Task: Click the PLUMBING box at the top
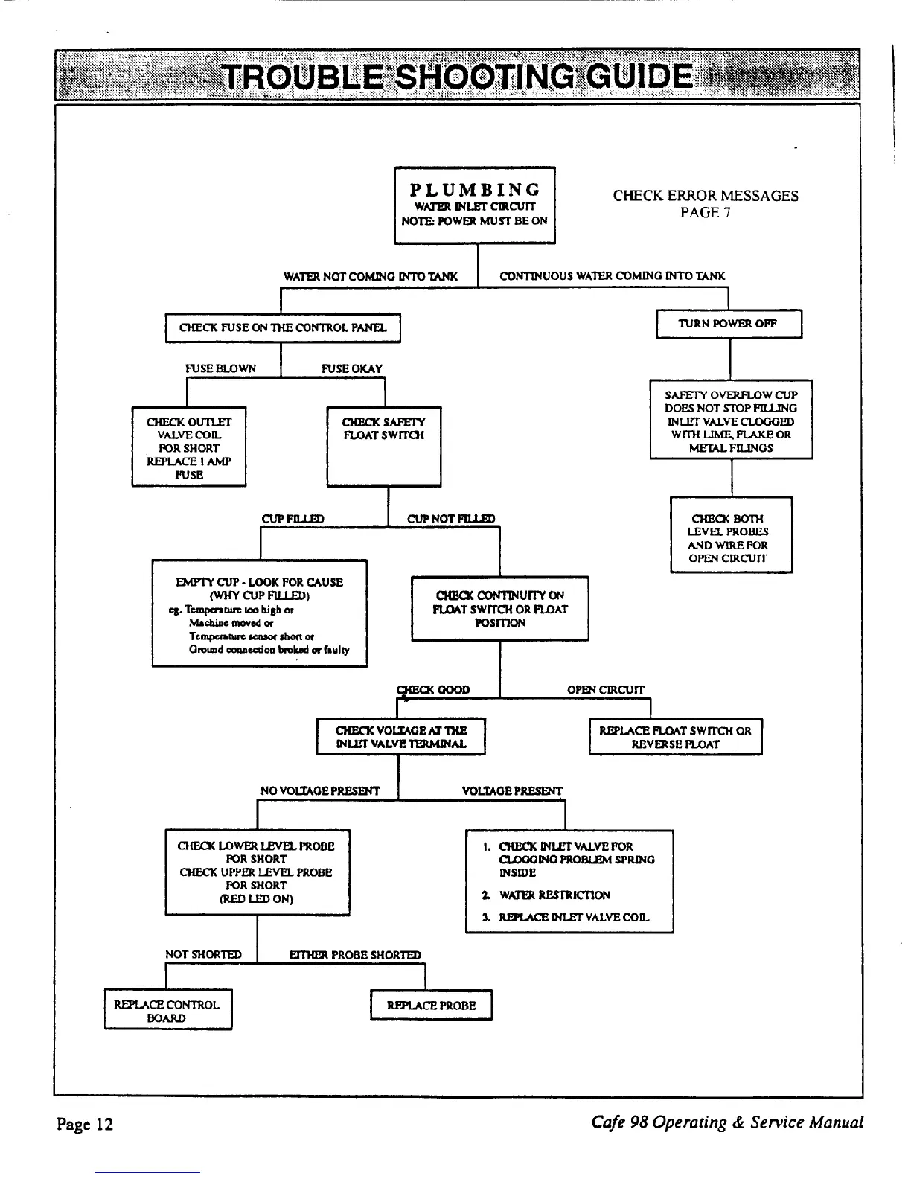[x=474, y=205]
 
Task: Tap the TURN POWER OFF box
[x=729, y=324]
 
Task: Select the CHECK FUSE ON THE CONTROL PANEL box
[x=283, y=327]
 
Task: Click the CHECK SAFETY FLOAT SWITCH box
[x=384, y=445]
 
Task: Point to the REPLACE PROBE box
[x=431, y=1006]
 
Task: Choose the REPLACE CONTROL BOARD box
[x=167, y=1010]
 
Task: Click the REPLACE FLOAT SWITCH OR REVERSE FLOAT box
[x=675, y=737]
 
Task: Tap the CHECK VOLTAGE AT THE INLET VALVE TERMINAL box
[x=401, y=737]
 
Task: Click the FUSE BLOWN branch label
[x=220, y=368]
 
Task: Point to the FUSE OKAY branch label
[x=352, y=368]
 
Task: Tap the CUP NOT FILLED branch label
[x=451, y=519]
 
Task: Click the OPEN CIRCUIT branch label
[x=606, y=690]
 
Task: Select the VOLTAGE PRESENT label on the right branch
[x=512, y=790]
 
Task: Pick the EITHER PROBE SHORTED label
[x=355, y=955]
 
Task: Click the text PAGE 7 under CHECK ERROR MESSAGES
[x=706, y=213]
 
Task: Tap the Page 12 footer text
[x=85, y=1123]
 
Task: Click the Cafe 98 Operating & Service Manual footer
[x=727, y=1122]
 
